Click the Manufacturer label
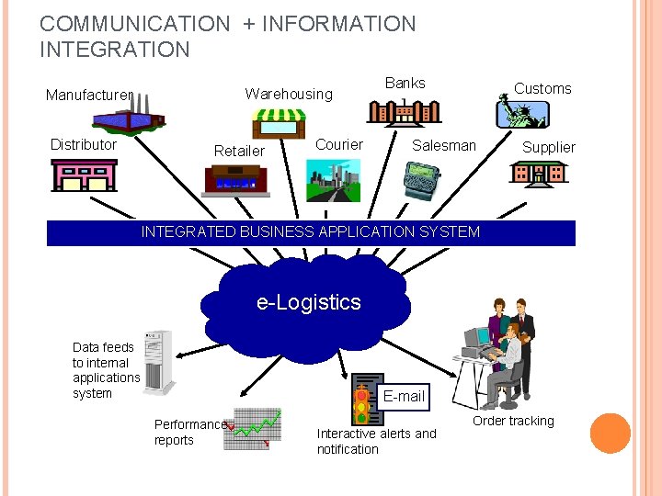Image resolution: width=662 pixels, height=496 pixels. click(x=89, y=95)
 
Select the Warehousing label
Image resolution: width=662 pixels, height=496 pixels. click(x=288, y=94)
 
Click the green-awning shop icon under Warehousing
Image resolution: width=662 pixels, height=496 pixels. click(x=279, y=123)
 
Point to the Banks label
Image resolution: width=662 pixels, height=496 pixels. click(x=405, y=83)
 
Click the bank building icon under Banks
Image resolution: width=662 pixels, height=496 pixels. click(x=404, y=111)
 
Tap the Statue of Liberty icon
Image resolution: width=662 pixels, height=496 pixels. click(x=520, y=112)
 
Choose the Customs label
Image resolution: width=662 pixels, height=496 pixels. click(x=542, y=88)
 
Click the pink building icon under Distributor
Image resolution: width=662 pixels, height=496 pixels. click(x=84, y=174)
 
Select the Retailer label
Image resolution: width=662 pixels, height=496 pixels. click(x=239, y=151)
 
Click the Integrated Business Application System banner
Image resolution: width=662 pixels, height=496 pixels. click(x=311, y=232)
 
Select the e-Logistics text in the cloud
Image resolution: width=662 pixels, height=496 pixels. click(x=309, y=302)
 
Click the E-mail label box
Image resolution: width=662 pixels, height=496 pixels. click(x=404, y=396)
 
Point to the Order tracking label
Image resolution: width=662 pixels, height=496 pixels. click(x=513, y=421)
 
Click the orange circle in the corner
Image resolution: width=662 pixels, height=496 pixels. click(x=610, y=434)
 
